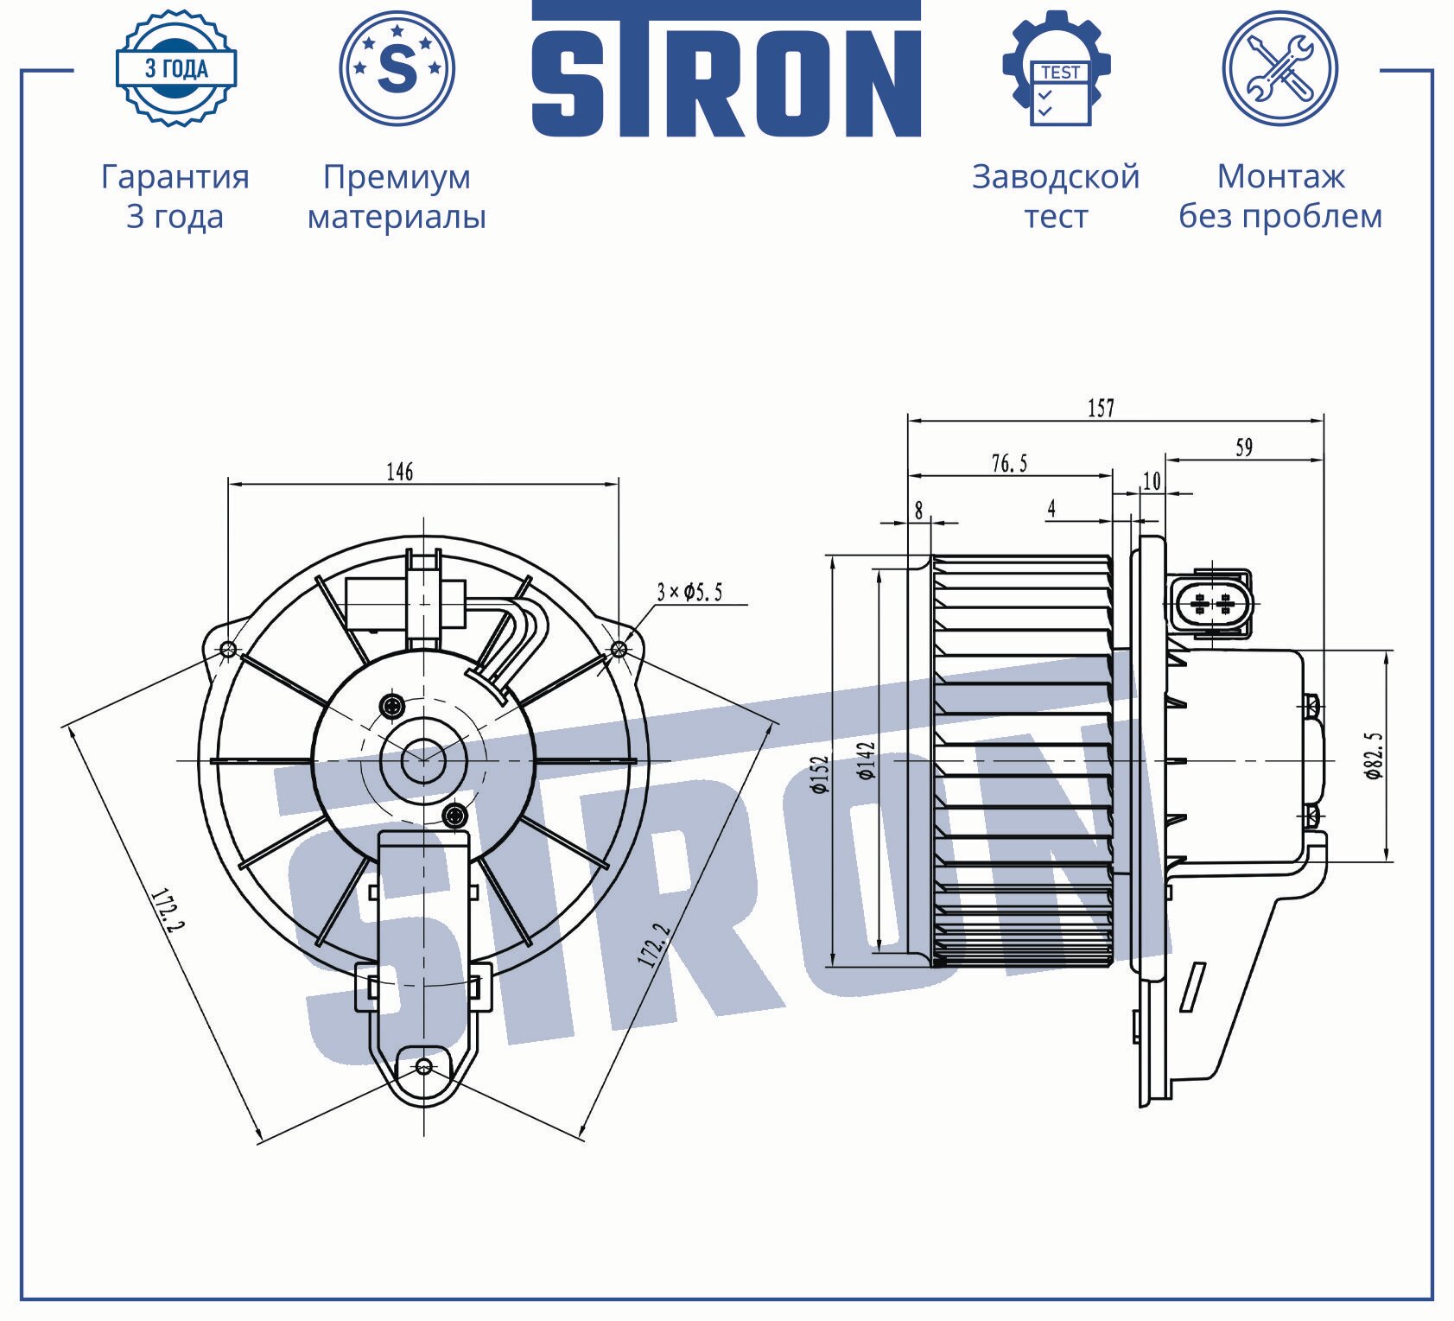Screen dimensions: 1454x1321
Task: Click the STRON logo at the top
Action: click(726, 69)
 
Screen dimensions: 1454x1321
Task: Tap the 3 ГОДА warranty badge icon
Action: click(176, 68)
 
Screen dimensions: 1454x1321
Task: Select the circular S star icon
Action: click(397, 68)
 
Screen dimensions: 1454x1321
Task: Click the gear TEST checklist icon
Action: click(1057, 68)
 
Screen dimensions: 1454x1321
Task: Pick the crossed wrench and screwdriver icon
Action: click(1280, 68)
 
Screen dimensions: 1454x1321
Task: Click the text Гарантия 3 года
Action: click(175, 196)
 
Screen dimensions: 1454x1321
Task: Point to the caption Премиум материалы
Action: click(397, 196)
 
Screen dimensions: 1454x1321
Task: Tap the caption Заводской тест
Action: click(1056, 196)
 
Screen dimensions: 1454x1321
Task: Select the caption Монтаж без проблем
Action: click(1280, 196)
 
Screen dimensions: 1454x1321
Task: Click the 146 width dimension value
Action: click(399, 472)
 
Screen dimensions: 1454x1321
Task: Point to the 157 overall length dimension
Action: click(1101, 408)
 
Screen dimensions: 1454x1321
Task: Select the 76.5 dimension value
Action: click(1009, 464)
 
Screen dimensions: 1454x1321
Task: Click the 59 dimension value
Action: click(1244, 448)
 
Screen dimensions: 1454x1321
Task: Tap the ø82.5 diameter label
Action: click(1374, 756)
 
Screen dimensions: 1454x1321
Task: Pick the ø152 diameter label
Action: click(819, 774)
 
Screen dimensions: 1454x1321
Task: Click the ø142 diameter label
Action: click(867, 760)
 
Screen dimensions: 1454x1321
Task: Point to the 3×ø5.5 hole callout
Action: click(689, 593)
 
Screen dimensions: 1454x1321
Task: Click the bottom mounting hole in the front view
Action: click(423, 1066)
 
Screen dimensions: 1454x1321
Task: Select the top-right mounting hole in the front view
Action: click(619, 649)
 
